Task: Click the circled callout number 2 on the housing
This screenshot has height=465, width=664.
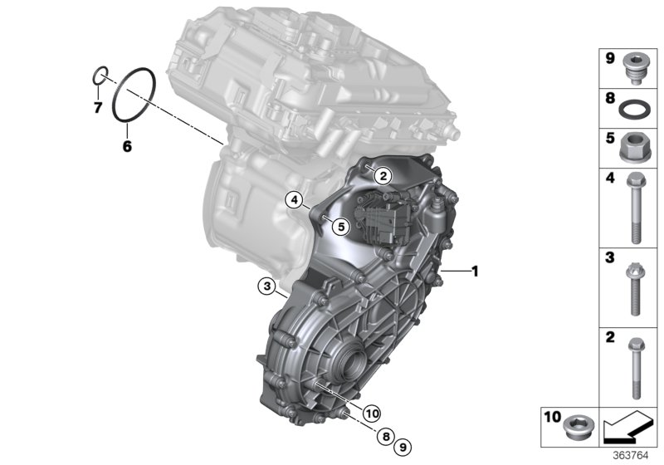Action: tap(381, 175)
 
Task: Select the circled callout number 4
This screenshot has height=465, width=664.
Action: tap(293, 198)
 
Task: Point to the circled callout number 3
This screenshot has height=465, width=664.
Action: tap(266, 286)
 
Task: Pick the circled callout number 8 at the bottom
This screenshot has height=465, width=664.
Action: tap(386, 435)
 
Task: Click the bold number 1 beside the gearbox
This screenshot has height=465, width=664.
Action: tap(475, 271)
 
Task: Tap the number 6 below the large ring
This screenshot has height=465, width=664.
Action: tap(127, 146)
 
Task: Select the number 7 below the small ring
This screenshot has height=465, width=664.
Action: tap(97, 107)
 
